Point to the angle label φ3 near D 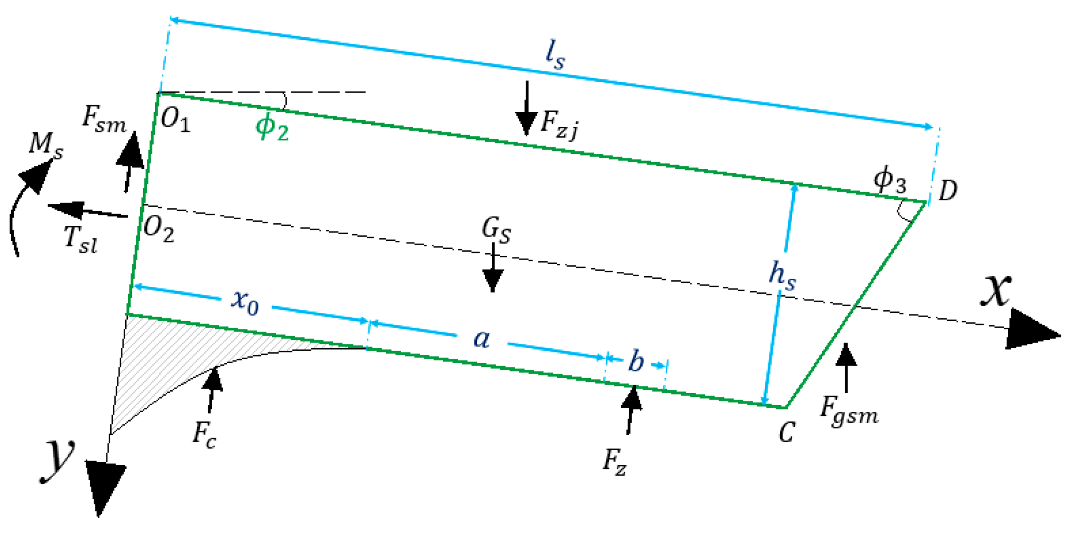coord(890,179)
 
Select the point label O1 coord(175,120)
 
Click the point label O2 coord(158,229)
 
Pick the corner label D coord(948,191)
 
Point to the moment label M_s coord(45,145)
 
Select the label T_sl coord(81,240)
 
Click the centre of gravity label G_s coord(496,229)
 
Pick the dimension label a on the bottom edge coord(482,338)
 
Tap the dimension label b coord(636,361)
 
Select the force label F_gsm coord(849,412)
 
